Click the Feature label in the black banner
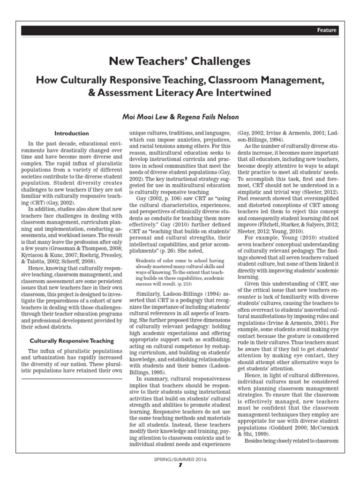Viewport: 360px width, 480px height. pyautogui.click(x=327, y=30)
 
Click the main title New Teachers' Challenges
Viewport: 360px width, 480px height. pyautogui.click(x=180, y=61)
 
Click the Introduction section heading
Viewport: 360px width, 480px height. pyautogui.click(x=71, y=133)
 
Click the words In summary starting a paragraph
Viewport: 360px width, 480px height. pyautogui.click(x=150, y=390)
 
